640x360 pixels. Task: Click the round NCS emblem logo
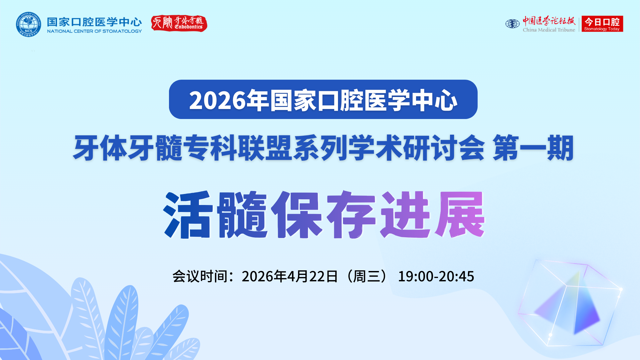pyautogui.click(x=28, y=24)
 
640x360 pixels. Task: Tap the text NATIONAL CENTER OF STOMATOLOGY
pyautogui.click(x=94, y=31)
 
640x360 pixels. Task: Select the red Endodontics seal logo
pyautogui.click(x=179, y=23)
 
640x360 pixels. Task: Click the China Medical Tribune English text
pyautogui.click(x=549, y=30)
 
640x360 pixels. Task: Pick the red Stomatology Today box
pyautogui.click(x=602, y=24)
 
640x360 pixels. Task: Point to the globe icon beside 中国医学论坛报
pyautogui.click(x=512, y=24)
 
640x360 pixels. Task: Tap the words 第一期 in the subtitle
pyautogui.click(x=533, y=148)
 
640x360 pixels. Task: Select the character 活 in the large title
pyautogui.click(x=188, y=214)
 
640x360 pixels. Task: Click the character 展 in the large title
pyautogui.click(x=460, y=214)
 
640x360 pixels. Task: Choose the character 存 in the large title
pyautogui.click(x=351, y=214)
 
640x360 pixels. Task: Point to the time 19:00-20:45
pyautogui.click(x=436, y=276)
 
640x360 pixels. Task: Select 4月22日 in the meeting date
pyautogui.click(x=312, y=276)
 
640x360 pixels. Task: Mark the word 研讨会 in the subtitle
pyautogui.click(x=444, y=148)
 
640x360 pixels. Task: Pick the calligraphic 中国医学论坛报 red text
pyautogui.click(x=549, y=21)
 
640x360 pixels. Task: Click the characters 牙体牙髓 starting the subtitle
pyautogui.click(x=128, y=148)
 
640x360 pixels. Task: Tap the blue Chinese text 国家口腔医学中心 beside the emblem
pyautogui.click(x=94, y=22)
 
